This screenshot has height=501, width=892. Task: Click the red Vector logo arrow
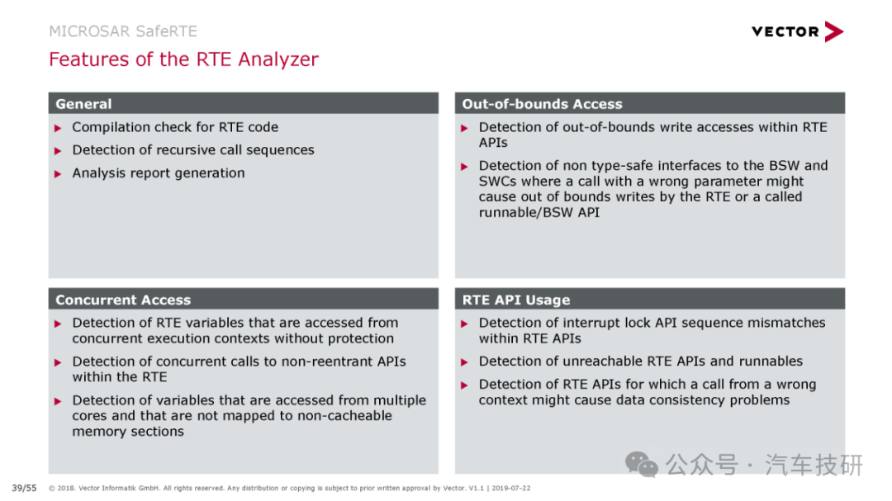(834, 32)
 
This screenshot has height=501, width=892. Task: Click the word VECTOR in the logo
(785, 32)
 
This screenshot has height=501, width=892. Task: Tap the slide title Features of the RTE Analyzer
(183, 59)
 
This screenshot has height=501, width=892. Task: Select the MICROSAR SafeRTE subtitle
(123, 31)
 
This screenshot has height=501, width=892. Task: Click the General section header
(83, 104)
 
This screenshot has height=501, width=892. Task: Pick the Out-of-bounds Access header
(542, 104)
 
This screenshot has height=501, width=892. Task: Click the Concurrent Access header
(123, 300)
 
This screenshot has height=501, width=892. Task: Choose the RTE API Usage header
(516, 300)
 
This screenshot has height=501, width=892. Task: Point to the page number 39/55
(24, 488)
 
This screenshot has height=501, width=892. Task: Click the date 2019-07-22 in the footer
(511, 488)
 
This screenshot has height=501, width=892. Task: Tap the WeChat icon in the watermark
(642, 465)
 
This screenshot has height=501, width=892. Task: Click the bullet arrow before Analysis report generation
(58, 174)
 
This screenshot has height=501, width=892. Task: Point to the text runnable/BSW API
(539, 213)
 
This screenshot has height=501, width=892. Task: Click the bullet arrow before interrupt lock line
(464, 324)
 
